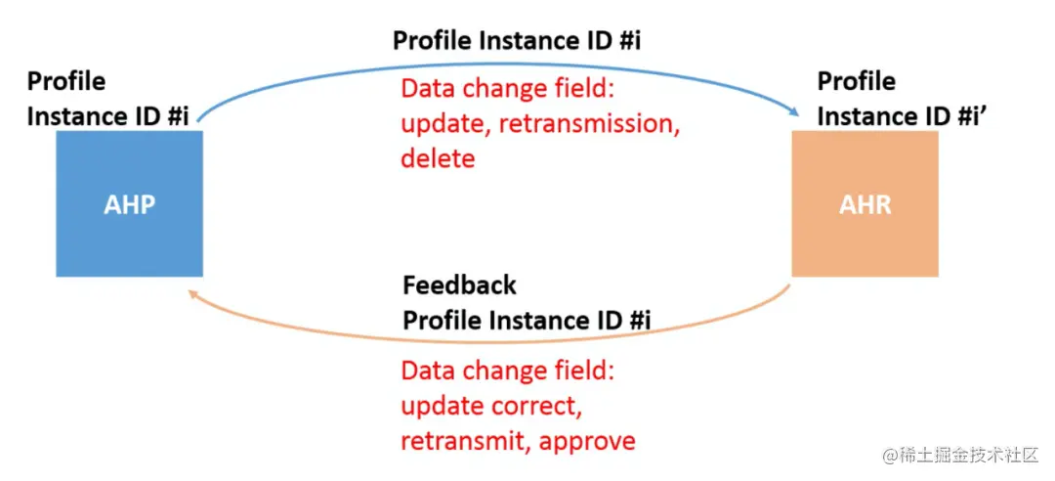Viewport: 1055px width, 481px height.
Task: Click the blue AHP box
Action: pos(129,203)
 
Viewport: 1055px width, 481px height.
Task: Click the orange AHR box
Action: pos(865,203)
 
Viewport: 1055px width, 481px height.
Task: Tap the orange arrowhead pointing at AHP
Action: pos(193,293)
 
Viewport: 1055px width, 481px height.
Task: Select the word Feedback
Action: pos(459,284)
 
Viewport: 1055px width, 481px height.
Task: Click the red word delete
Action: pos(438,159)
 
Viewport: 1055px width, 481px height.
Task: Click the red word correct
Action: pos(544,407)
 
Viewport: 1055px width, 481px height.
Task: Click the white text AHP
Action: pos(129,204)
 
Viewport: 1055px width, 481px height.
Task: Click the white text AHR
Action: pos(865,204)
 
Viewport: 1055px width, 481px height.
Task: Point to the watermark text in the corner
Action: pos(961,456)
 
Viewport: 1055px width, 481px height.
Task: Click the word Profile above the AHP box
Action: pos(66,81)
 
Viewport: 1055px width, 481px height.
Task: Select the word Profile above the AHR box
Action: pos(856,81)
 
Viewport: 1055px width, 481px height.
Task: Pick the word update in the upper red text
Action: pos(445,124)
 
